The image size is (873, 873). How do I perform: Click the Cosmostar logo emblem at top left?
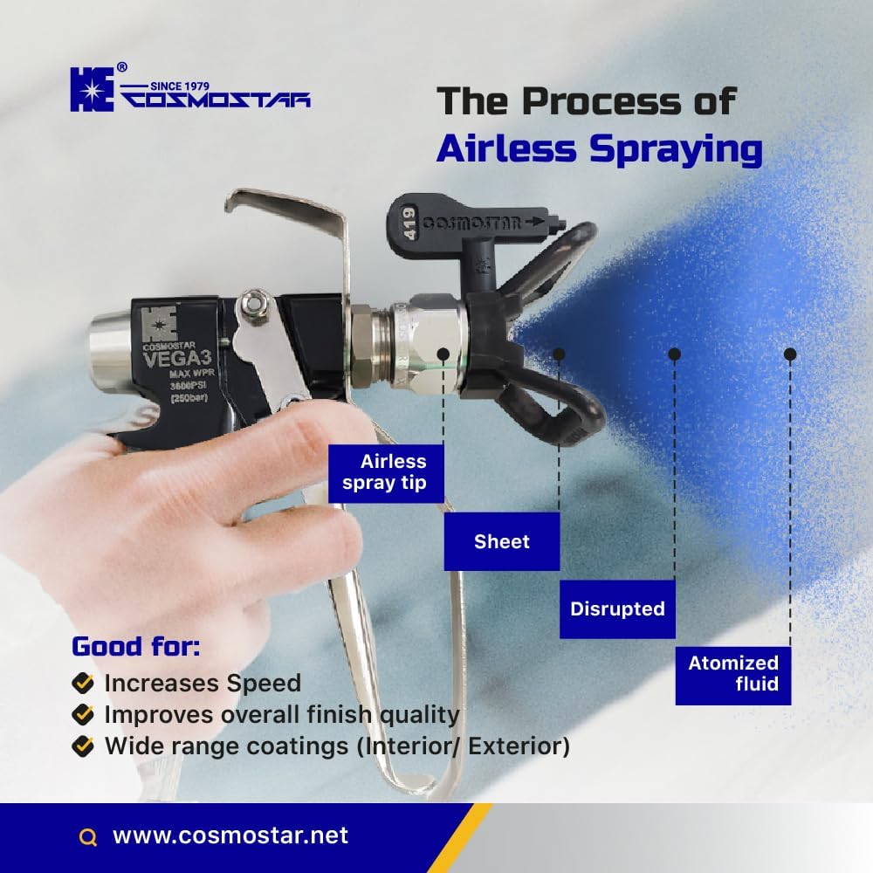pyautogui.click(x=92, y=91)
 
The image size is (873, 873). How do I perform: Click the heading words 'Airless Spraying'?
pyautogui.click(x=599, y=148)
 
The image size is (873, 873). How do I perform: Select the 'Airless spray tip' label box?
pyautogui.click(x=386, y=472)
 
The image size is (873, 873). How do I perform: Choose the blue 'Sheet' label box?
pyautogui.click(x=502, y=541)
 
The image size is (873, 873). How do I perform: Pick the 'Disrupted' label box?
pyautogui.click(x=617, y=608)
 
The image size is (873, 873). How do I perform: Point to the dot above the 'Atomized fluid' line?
pyautogui.click(x=790, y=354)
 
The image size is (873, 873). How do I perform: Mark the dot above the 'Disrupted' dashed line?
pyautogui.click(x=674, y=354)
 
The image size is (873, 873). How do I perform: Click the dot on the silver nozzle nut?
pyautogui.click(x=443, y=354)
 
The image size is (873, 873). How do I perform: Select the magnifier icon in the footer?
pyautogui.click(x=87, y=837)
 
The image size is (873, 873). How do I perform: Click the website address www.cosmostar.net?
pyautogui.click(x=230, y=835)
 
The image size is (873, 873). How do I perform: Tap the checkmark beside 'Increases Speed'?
pyautogui.click(x=83, y=682)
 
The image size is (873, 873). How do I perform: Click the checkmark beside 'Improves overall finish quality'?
pyautogui.click(x=83, y=714)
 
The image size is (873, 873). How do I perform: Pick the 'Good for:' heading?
pyautogui.click(x=135, y=647)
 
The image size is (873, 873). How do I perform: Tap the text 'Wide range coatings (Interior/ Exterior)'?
pyautogui.click(x=337, y=746)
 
